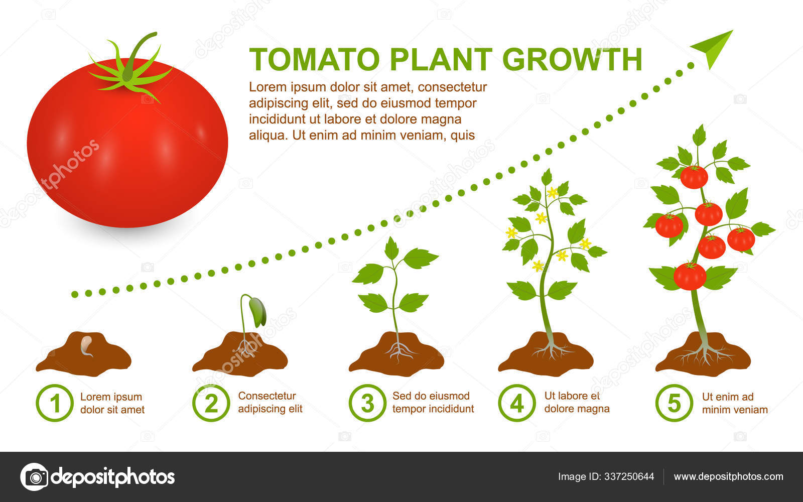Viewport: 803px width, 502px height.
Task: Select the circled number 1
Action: (x=55, y=403)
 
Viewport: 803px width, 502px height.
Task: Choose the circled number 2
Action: (x=211, y=403)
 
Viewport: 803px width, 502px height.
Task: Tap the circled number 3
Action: (x=367, y=403)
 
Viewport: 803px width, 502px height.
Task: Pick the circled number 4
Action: (x=517, y=403)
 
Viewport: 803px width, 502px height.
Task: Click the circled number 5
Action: (x=674, y=403)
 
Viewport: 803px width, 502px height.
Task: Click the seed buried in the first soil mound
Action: (x=87, y=345)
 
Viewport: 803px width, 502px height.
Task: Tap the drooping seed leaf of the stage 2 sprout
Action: (x=257, y=311)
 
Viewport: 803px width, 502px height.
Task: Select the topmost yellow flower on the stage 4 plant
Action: (x=552, y=192)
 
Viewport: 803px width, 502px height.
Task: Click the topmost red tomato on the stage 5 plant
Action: (x=694, y=177)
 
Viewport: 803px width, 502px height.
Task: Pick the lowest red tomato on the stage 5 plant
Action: (x=690, y=276)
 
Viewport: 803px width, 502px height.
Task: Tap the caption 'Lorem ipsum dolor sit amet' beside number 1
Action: (x=112, y=403)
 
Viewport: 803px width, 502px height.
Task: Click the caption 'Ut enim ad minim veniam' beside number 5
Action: (x=734, y=403)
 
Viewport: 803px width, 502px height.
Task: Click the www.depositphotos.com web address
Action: (x=728, y=476)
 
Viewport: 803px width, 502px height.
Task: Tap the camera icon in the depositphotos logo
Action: (x=34, y=476)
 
